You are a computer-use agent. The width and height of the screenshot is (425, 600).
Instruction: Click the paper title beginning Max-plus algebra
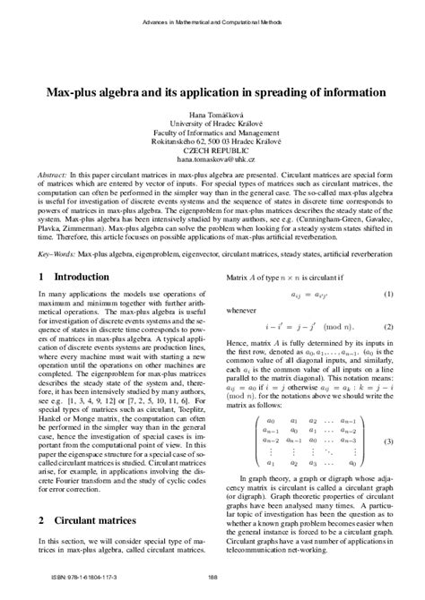tap(212, 92)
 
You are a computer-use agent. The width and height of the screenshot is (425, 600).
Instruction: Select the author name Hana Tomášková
tap(212, 116)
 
